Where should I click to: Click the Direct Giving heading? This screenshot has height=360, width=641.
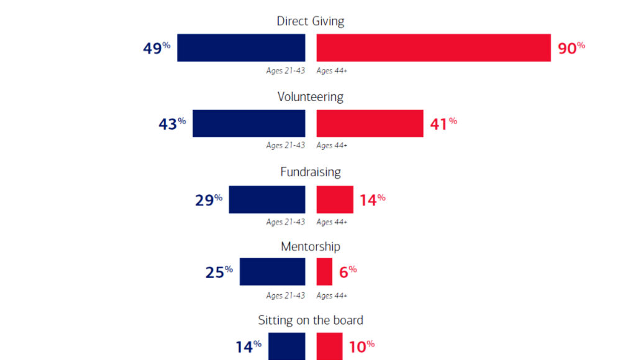310,21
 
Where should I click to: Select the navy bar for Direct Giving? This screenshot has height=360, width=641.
241,48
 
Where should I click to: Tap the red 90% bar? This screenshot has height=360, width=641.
434,48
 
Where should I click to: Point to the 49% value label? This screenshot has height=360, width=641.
157,48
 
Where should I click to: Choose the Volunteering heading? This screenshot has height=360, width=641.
310,97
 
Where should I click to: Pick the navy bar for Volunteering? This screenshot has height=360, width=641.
248,124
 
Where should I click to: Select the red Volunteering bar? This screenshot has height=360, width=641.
370,124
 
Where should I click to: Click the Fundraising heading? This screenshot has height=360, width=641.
310,173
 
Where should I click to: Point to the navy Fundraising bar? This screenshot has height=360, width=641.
267,199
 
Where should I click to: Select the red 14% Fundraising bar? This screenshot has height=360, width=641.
335,199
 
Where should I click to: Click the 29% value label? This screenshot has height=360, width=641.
209,200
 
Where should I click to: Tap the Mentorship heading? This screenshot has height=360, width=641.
310,247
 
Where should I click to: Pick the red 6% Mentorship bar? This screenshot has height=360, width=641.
324,272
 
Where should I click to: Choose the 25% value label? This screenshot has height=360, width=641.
219,272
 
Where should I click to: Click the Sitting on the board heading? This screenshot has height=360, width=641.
310,321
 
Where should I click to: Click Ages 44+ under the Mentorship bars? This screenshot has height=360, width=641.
332,295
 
